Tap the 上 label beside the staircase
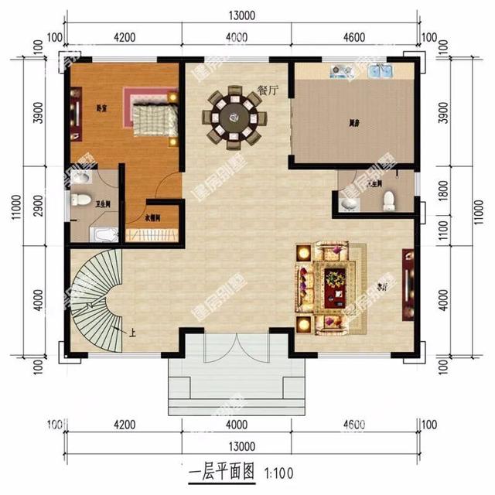133,334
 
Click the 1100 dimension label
442,229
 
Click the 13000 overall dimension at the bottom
241,446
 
